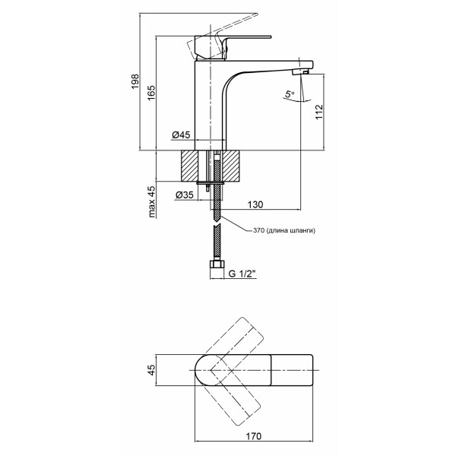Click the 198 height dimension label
(x=135, y=82)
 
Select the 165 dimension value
(x=151, y=93)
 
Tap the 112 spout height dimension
(x=319, y=112)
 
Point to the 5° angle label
(x=290, y=94)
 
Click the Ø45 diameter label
(x=181, y=135)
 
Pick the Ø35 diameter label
(x=185, y=195)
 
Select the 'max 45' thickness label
(x=151, y=202)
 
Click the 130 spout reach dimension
(x=255, y=204)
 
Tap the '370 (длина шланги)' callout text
(x=283, y=230)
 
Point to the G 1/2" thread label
(x=242, y=274)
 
